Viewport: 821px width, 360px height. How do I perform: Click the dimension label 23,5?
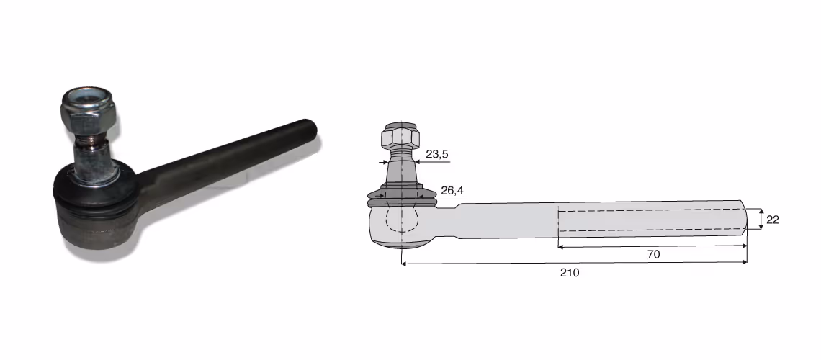click(436, 154)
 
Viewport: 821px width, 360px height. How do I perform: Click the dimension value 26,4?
click(452, 191)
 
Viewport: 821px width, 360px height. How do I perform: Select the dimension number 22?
click(772, 220)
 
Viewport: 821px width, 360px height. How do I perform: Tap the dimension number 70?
click(653, 255)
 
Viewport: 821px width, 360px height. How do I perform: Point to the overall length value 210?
click(570, 273)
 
